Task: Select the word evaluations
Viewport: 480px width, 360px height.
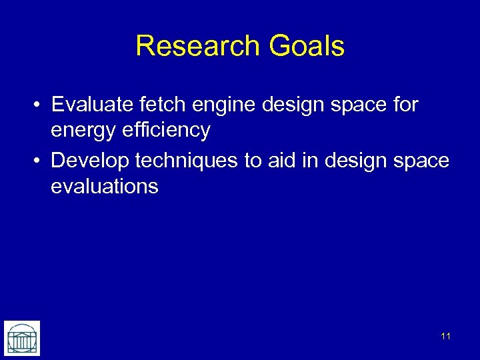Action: [104, 186]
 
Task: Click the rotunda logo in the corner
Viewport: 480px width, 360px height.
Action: [21, 338]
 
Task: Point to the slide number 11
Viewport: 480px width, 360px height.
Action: [445, 336]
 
